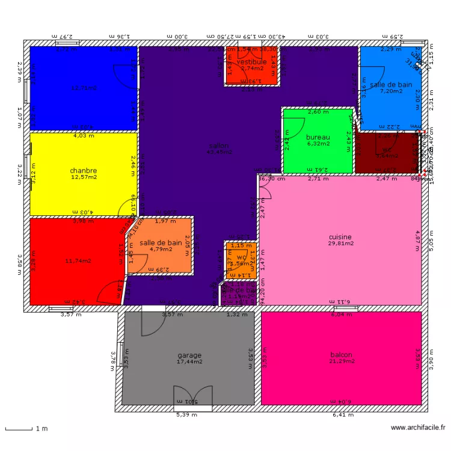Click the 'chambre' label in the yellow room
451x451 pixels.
(x=84, y=170)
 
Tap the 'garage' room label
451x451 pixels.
(x=189, y=355)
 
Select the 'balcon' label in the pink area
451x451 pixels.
(x=341, y=355)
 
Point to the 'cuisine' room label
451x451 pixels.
(x=340, y=237)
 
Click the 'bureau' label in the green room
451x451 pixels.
(x=318, y=137)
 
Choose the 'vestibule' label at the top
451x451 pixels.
(x=251, y=62)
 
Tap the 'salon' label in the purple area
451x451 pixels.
(x=219, y=146)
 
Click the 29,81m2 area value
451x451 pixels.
(x=340, y=244)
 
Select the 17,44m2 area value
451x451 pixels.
(x=189, y=361)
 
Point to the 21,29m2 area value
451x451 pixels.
(x=341, y=361)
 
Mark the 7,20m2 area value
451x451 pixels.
(x=391, y=91)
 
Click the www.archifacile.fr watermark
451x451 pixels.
(x=418, y=428)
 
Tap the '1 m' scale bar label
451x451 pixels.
(x=41, y=429)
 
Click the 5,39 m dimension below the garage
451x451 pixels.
(x=186, y=414)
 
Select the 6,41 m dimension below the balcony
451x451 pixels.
(x=343, y=414)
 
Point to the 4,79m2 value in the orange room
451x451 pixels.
(x=161, y=249)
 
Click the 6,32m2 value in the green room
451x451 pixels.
(x=318, y=144)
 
